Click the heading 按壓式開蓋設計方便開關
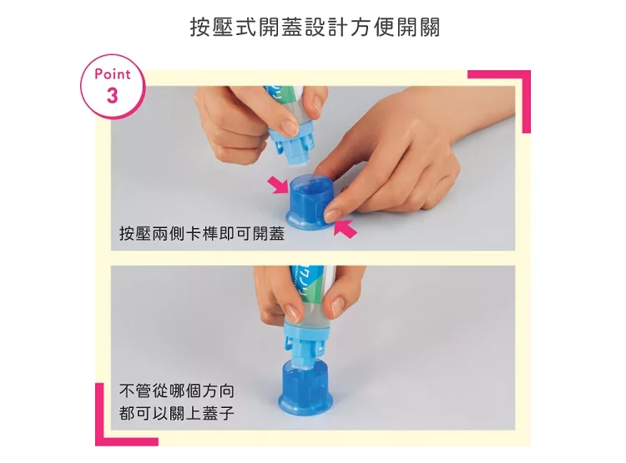[315, 28]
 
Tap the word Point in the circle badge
[113, 74]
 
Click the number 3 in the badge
[113, 95]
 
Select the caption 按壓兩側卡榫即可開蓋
[202, 233]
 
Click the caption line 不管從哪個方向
[176, 390]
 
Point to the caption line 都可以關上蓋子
[176, 413]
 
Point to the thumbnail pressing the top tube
[290, 127]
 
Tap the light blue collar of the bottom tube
[306, 330]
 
